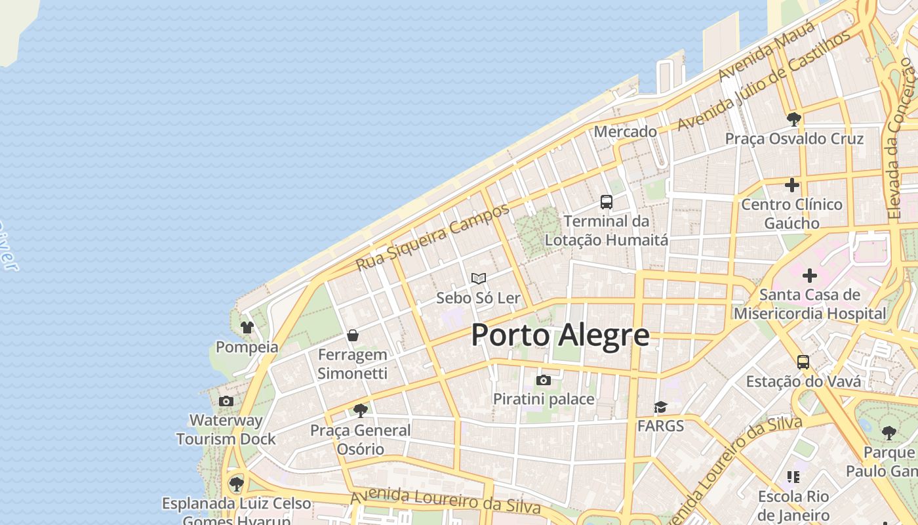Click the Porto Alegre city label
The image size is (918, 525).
[x=560, y=335]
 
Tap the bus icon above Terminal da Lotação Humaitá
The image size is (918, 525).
[x=607, y=201]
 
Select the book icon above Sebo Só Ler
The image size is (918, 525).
[x=479, y=279]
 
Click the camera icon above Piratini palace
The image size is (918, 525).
[x=544, y=380]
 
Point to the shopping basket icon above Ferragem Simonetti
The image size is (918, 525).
[x=353, y=335]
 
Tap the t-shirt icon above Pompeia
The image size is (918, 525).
[x=247, y=327]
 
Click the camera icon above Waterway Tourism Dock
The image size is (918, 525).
[x=226, y=401]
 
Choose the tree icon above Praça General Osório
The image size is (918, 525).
[x=360, y=411]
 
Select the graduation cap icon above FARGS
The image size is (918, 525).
[x=660, y=407]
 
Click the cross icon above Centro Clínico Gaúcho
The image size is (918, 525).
[x=792, y=185]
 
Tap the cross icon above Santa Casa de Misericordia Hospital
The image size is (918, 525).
[x=810, y=276]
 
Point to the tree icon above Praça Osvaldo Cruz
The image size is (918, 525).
[x=793, y=119]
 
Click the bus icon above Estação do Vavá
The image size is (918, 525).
[x=803, y=362]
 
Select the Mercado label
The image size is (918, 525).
[x=625, y=131]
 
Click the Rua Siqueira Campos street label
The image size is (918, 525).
[x=433, y=238]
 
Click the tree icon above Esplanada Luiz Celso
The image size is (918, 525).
[x=236, y=484]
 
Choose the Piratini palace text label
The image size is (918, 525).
[x=544, y=399]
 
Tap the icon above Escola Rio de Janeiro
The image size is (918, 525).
[x=793, y=477]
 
